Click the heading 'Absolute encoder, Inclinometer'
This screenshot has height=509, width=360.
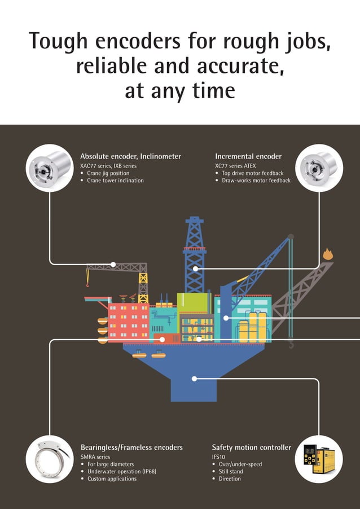point(130,156)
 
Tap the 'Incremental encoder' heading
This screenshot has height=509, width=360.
point(248,156)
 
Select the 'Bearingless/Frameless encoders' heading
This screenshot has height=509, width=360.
point(131,447)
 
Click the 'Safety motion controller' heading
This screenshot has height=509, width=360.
point(252,447)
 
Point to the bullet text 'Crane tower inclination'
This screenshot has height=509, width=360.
point(115,181)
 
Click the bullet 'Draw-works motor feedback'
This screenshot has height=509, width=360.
point(256,181)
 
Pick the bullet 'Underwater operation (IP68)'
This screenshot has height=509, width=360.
point(121,471)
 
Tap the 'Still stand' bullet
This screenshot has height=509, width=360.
point(231,471)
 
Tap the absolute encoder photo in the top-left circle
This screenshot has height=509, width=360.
point(50,168)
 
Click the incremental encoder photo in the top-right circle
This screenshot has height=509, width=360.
point(319,168)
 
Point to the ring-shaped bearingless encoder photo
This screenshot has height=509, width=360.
point(50,458)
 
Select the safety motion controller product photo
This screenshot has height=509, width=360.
point(319,458)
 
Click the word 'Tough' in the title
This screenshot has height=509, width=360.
point(57,41)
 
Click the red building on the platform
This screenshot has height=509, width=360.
point(128,322)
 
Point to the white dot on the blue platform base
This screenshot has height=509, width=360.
point(194,379)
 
